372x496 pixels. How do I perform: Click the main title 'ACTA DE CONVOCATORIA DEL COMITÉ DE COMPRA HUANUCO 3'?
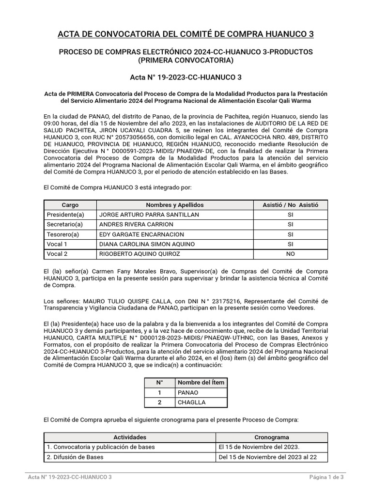pyautogui.click(x=186, y=34)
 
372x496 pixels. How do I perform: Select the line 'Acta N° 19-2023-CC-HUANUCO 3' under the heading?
pyautogui.click(x=186, y=77)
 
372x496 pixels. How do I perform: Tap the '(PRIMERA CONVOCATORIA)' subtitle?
pyautogui.click(x=186, y=61)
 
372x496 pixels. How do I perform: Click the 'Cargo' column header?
pyautogui.click(x=70, y=205)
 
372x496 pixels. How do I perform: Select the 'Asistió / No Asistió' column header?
pyautogui.click(x=290, y=205)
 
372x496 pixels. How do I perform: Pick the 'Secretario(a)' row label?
pyautogui.click(x=65, y=224)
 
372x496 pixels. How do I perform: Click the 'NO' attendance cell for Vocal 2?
pyautogui.click(x=290, y=254)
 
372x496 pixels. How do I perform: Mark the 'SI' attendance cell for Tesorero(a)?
pyautogui.click(x=290, y=234)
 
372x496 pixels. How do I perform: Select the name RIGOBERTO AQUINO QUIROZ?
pyautogui.click(x=139, y=254)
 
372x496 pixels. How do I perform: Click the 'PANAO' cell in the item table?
pyautogui.click(x=188, y=392)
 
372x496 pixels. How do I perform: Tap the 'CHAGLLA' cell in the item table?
pyautogui.click(x=192, y=403)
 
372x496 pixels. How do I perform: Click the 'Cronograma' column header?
pyautogui.click(x=271, y=437)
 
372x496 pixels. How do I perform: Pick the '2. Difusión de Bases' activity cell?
pyautogui.click(x=75, y=457)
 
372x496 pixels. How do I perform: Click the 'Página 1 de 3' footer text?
pyautogui.click(x=326, y=477)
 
